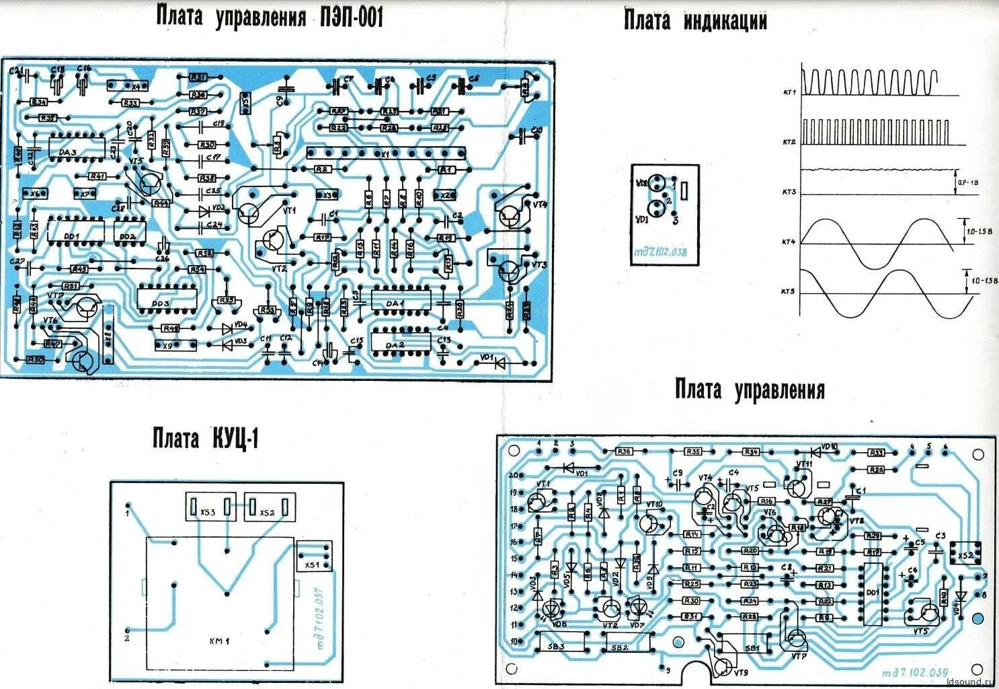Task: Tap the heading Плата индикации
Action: point(695,20)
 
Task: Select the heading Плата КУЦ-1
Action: point(206,439)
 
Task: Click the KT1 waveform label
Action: point(789,92)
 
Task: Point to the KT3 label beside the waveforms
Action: point(789,192)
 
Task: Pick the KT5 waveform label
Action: point(788,292)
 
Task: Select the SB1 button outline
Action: point(752,648)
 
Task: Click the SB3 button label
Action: point(558,647)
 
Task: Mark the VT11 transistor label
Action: point(804,464)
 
